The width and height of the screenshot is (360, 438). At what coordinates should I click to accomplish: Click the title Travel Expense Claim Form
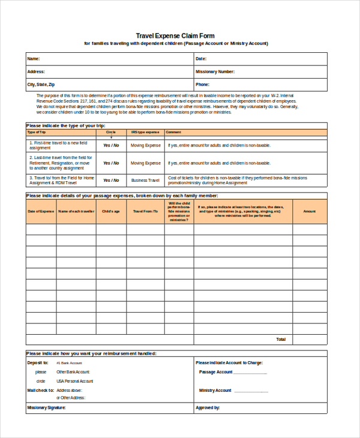click(x=175, y=36)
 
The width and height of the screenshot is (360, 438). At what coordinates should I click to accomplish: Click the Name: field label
click(x=34, y=59)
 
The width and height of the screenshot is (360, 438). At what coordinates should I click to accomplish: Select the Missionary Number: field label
click(x=215, y=72)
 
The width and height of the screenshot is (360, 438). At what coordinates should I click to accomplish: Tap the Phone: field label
click(x=202, y=85)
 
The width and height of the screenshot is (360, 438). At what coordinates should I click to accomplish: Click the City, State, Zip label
click(x=41, y=85)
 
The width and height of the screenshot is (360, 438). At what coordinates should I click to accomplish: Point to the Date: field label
click(x=201, y=59)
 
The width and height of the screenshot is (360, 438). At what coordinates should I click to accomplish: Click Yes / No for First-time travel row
click(x=111, y=145)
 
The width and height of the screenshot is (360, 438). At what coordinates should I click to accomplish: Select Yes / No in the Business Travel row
click(x=111, y=180)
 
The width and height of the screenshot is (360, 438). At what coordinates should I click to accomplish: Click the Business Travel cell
click(x=145, y=180)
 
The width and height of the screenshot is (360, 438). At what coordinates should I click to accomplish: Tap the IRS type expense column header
click(x=145, y=132)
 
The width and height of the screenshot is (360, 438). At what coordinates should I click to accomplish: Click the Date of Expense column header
click(x=41, y=211)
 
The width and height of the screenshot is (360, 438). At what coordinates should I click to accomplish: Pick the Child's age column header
click(x=111, y=211)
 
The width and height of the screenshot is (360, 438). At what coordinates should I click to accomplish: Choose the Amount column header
click(x=309, y=211)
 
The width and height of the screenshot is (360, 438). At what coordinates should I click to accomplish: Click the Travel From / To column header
click(x=145, y=211)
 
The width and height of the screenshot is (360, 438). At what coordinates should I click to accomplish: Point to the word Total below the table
click(x=281, y=339)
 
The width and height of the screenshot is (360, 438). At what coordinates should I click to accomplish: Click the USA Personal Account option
click(x=75, y=381)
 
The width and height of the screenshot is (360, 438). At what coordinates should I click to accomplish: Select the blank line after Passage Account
click(x=250, y=373)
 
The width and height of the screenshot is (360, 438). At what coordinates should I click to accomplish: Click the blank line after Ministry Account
click(x=250, y=391)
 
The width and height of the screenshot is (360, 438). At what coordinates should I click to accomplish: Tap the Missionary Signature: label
click(x=46, y=408)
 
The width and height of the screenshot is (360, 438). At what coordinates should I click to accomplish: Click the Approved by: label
click(x=208, y=408)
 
